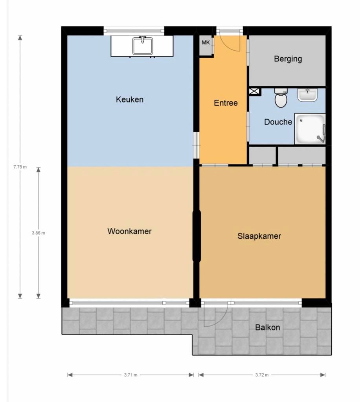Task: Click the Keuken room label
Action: pyautogui.click(x=129, y=99)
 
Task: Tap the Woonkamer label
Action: pyautogui.click(x=129, y=231)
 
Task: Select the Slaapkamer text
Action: pyautogui.click(x=259, y=236)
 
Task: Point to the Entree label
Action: pyautogui.click(x=226, y=103)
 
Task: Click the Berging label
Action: pyautogui.click(x=288, y=59)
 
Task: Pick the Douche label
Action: pyautogui.click(x=278, y=122)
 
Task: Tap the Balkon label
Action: pyautogui.click(x=267, y=327)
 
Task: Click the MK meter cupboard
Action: pyautogui.click(x=206, y=42)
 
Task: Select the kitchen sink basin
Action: pyautogui.click(x=142, y=46)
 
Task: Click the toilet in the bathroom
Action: pyautogui.click(x=281, y=99)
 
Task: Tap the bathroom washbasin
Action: pyautogui.click(x=307, y=95)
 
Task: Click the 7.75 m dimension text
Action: pyautogui.click(x=20, y=166)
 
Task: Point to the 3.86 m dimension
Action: pyautogui.click(x=38, y=233)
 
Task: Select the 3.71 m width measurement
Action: pyautogui.click(x=130, y=375)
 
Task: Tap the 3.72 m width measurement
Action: pyautogui.click(x=262, y=375)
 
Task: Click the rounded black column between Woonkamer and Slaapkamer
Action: pyautogui.click(x=197, y=236)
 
